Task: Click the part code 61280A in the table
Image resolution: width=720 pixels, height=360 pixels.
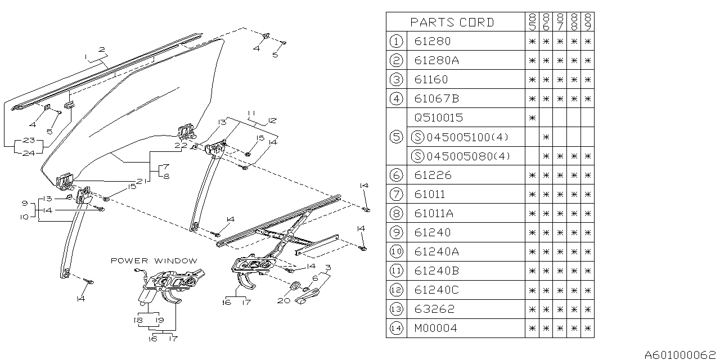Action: tap(436, 60)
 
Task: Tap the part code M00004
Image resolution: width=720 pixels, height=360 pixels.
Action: tap(436, 328)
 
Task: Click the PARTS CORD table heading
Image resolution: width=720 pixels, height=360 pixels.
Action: tap(452, 22)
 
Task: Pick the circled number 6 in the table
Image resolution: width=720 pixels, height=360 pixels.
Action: tap(396, 175)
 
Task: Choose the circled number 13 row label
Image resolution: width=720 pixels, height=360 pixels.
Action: tap(396, 309)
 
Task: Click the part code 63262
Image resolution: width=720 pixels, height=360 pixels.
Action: tap(434, 309)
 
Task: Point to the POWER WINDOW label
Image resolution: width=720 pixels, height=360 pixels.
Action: tap(154, 260)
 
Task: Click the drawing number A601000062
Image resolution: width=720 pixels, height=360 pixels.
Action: tap(681, 354)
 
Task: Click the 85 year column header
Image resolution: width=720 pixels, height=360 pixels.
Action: tap(532, 22)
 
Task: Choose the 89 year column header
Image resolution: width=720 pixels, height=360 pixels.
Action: tap(588, 22)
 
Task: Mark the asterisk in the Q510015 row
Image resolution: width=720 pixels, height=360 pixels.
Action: tap(532, 118)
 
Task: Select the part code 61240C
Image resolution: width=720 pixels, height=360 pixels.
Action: tap(436, 290)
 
